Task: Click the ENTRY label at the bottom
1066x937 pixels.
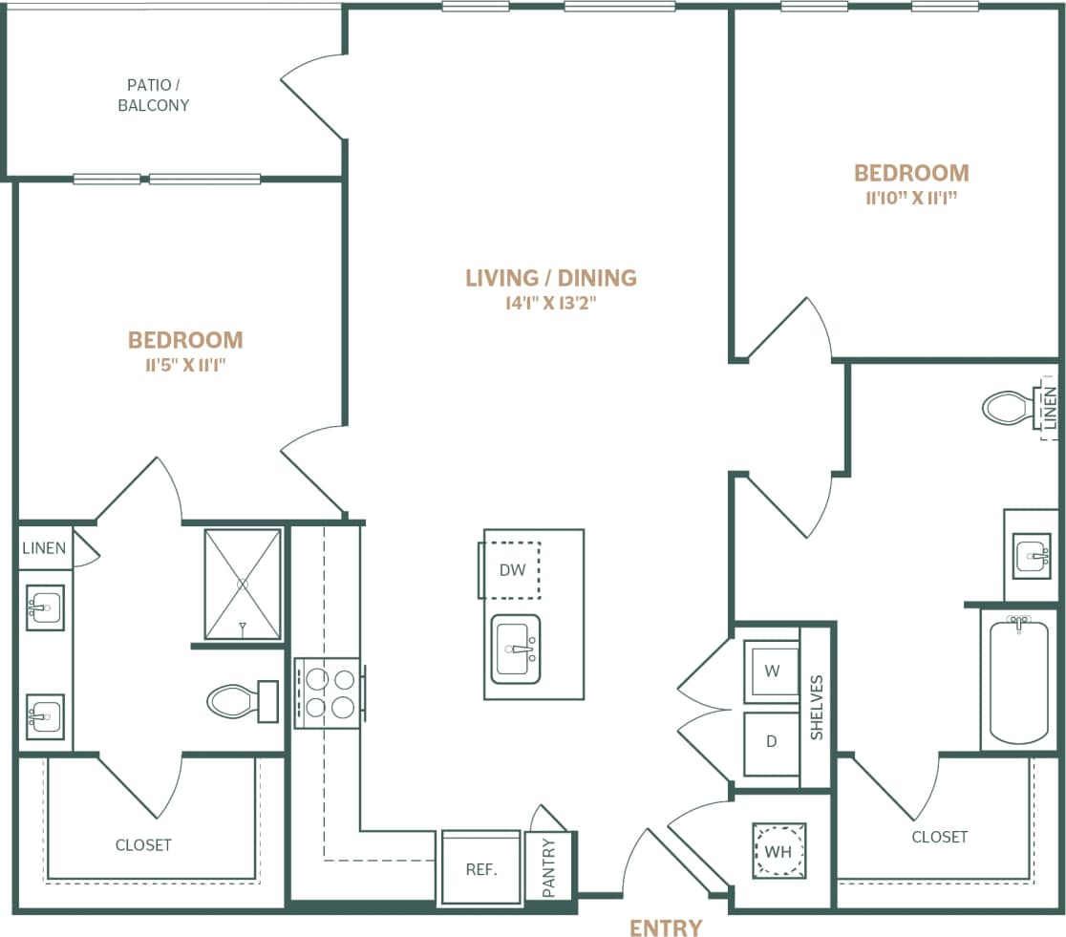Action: point(666,926)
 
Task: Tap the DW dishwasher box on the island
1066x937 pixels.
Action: point(513,570)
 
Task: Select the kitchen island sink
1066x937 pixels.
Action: point(516,650)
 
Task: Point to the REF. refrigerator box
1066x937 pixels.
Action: point(480,869)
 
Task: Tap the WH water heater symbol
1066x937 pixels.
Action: point(778,851)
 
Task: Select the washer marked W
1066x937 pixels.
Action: point(772,671)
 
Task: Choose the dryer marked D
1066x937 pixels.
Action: point(772,742)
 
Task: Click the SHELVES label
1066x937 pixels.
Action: point(817,708)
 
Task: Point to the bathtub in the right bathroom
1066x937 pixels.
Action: point(1019,681)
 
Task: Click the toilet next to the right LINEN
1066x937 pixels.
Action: point(1006,408)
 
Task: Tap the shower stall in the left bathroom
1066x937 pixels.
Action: point(243,584)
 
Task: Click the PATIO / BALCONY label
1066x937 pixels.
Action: point(153,96)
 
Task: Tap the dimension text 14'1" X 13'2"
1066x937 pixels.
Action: point(550,304)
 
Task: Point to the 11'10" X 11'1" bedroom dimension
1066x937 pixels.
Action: point(910,199)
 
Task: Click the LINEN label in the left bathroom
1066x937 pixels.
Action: point(44,548)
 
